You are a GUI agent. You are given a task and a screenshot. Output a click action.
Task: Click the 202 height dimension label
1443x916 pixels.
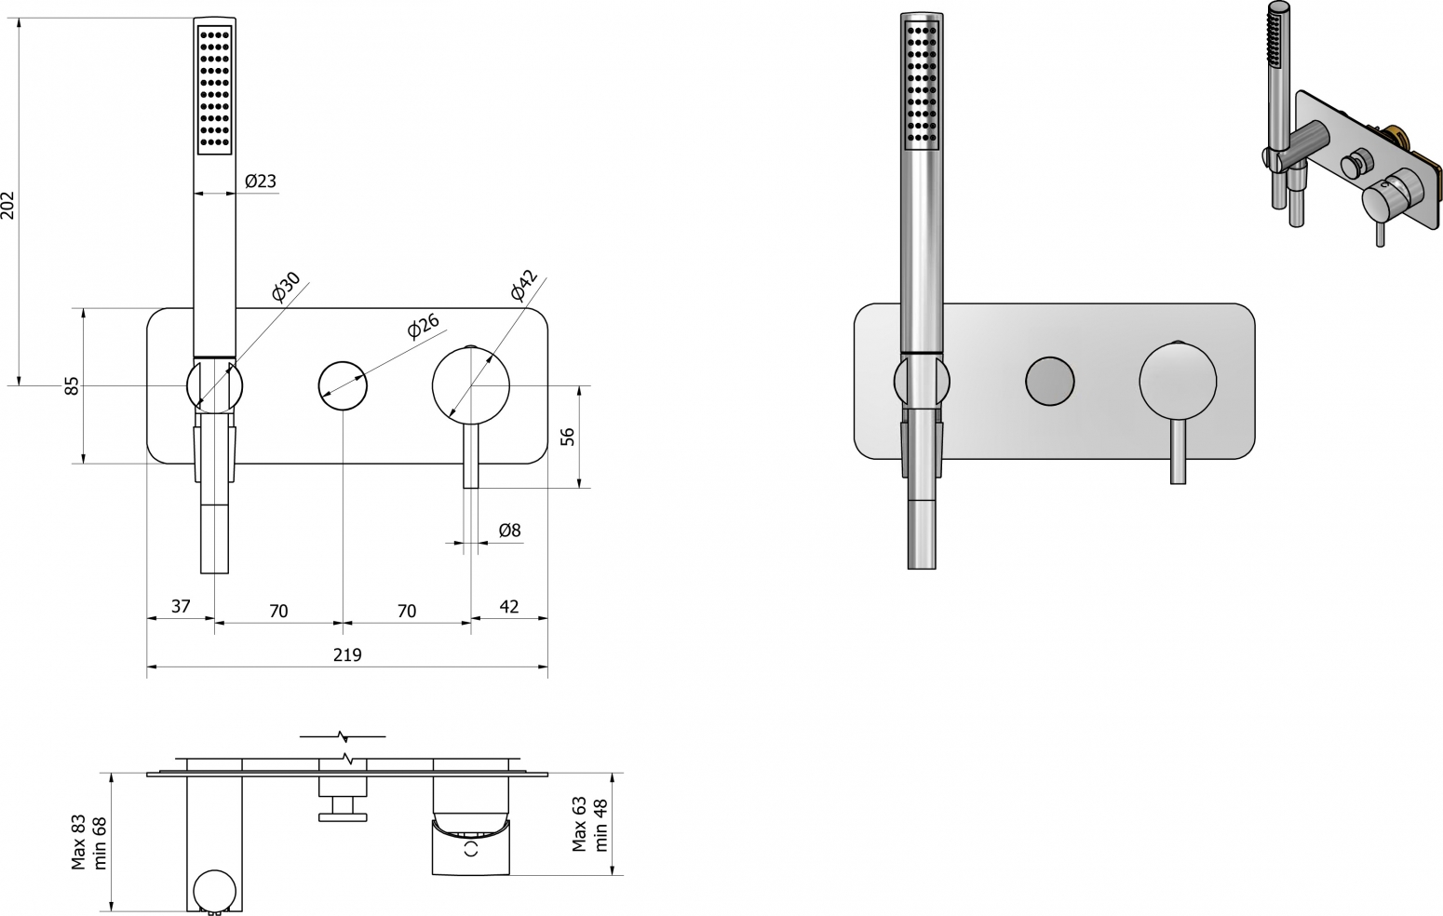point(7,204)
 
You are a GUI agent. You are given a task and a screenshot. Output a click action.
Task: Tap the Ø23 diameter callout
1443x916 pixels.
point(261,181)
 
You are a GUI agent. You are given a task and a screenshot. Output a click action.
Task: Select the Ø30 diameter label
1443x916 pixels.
point(286,287)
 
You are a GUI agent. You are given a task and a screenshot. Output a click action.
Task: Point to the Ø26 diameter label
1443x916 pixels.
point(424,326)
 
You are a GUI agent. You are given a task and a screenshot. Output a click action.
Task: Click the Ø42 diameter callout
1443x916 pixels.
point(524,286)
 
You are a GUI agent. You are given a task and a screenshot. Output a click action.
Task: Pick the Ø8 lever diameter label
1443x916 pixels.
point(509,531)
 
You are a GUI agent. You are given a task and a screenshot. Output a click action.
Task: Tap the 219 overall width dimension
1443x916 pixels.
point(347,654)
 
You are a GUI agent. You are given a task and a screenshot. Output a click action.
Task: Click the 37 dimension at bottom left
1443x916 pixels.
point(181,606)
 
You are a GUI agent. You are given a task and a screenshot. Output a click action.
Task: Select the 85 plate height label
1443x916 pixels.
point(73,385)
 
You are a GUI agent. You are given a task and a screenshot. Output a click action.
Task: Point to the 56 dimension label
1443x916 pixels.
point(567,436)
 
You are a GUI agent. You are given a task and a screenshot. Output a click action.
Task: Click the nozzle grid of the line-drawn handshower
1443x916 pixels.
point(214,88)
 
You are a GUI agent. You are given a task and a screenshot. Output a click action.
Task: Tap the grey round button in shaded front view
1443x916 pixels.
point(1049,382)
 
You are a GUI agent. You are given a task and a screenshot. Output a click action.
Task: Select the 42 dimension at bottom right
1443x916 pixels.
point(509,606)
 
